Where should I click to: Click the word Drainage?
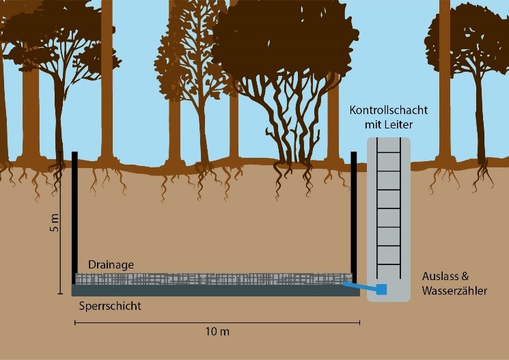pos(111,265)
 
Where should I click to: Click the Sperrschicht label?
pos(110,306)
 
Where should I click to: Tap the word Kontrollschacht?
pos(389,110)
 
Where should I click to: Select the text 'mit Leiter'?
pos(389,124)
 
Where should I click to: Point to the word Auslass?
pos(441,276)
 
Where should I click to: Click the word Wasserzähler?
pos(454,290)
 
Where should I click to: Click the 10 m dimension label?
pos(217,332)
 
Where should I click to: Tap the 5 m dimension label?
pos(55,223)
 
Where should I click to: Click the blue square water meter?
pos(381,289)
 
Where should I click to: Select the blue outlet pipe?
pos(359,286)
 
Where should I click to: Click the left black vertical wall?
pos(74,218)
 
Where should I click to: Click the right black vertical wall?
pos(354,218)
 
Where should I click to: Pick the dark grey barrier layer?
pos(215,290)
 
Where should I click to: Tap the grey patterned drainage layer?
pos(214,279)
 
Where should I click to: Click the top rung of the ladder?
pos(389,152)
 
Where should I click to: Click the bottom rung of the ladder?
pos(389,264)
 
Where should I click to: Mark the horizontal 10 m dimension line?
pos(217,322)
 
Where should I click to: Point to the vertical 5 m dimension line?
pos(60,223)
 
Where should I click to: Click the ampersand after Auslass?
pos(465,276)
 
